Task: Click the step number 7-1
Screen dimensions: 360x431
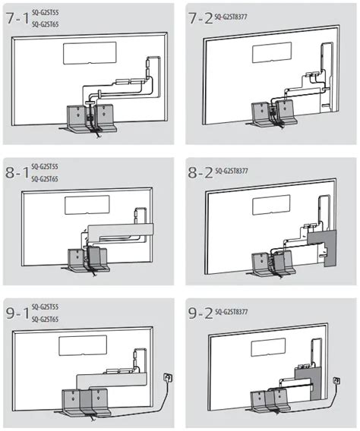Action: tap(17, 18)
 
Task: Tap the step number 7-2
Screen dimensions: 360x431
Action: tap(201, 18)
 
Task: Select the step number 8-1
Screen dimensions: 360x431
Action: tap(17, 173)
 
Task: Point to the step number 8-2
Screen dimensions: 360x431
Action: tap(201, 172)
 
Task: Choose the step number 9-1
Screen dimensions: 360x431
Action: tap(17, 313)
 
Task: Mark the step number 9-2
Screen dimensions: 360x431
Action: tap(201, 313)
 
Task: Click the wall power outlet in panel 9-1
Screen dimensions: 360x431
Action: tap(168, 377)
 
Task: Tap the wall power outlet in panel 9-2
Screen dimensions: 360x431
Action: tap(336, 381)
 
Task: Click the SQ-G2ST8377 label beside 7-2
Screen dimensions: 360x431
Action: tap(231, 17)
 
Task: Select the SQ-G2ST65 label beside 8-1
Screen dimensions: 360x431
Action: tap(45, 179)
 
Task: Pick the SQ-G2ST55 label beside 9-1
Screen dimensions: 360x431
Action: tap(45, 307)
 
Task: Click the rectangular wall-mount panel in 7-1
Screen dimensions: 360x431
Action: tap(90, 53)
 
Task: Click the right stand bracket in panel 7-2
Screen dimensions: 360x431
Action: tap(286, 113)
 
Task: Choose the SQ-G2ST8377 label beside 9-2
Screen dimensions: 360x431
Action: tap(232, 312)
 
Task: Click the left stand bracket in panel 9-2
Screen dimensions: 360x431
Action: tap(259, 401)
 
